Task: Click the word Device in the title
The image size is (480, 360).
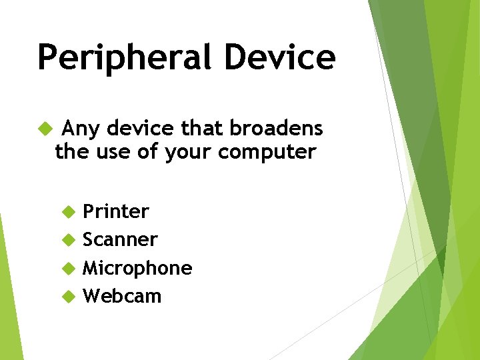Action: point(279,57)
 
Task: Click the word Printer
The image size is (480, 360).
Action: point(115,211)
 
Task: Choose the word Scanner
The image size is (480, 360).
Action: point(120,239)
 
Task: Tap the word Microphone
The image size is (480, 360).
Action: point(137,268)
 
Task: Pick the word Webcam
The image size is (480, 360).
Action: point(122,296)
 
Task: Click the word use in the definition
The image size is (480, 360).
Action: point(110,153)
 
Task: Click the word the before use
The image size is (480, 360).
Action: point(71,153)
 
